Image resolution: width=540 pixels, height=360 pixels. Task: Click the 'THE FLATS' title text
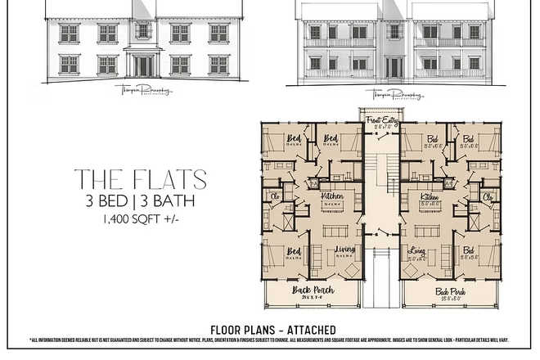coord(140,179)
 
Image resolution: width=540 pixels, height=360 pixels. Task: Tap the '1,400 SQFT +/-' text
coord(140,219)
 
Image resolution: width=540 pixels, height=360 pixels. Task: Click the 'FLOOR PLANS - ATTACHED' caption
coord(272,330)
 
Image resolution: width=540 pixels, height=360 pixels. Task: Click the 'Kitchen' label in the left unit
coord(331,197)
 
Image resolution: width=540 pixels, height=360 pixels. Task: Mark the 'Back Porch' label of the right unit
coord(451,290)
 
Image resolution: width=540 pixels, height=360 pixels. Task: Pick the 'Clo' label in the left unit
coord(276,197)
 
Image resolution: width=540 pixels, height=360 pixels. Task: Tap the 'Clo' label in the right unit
coord(488,197)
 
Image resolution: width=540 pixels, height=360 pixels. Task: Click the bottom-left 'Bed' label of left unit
coord(293,251)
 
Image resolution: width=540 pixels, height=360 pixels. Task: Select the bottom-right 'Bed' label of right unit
coord(468,251)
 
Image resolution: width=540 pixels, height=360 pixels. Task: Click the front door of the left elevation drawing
coord(143,65)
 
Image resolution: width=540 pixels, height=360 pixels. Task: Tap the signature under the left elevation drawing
coord(143,93)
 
